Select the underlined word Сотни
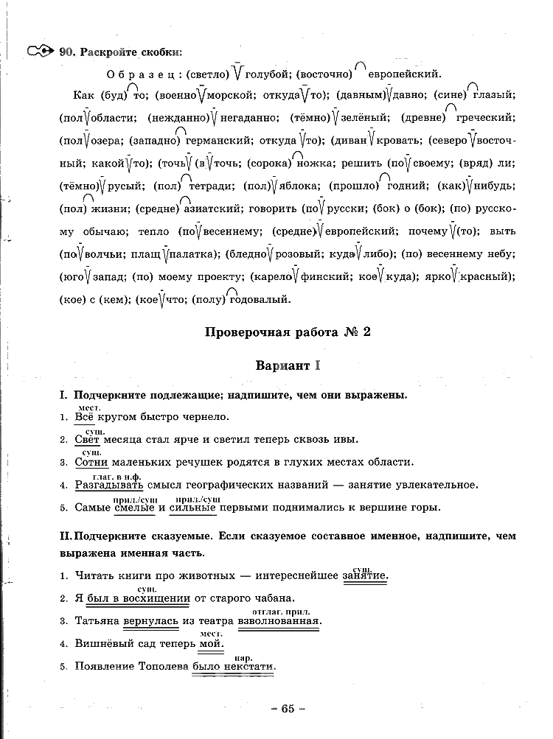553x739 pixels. (92, 462)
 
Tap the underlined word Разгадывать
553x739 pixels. (110, 485)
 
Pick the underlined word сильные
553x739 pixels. (192, 508)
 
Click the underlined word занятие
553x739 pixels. (365, 575)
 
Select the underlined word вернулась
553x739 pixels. (151, 621)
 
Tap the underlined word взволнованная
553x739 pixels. (279, 621)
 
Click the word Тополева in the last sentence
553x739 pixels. (163, 667)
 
